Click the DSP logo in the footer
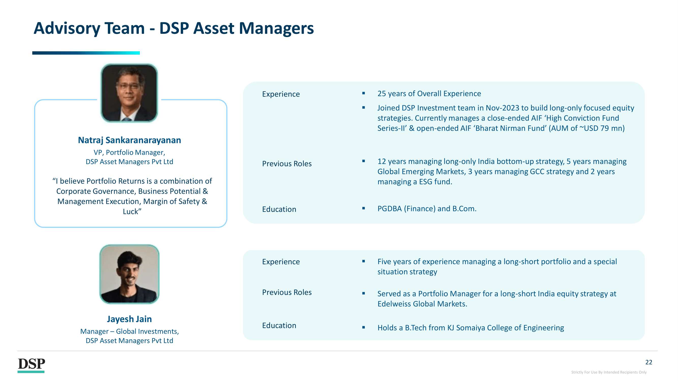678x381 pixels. coord(31,365)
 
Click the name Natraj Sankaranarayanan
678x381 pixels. coord(129,140)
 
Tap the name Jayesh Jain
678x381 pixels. coord(129,319)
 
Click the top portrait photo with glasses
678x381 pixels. coord(129,93)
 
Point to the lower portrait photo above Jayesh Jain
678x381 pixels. coord(129,274)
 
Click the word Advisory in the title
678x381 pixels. coord(67,28)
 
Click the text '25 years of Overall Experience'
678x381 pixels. coord(429,94)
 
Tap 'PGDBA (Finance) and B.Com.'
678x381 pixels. coord(427,209)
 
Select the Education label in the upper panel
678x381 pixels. coord(279,209)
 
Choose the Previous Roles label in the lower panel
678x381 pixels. coord(287,292)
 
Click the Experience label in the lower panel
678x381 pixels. coord(281,262)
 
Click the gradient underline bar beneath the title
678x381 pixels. coord(86,53)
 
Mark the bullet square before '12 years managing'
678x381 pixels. coord(364,161)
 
